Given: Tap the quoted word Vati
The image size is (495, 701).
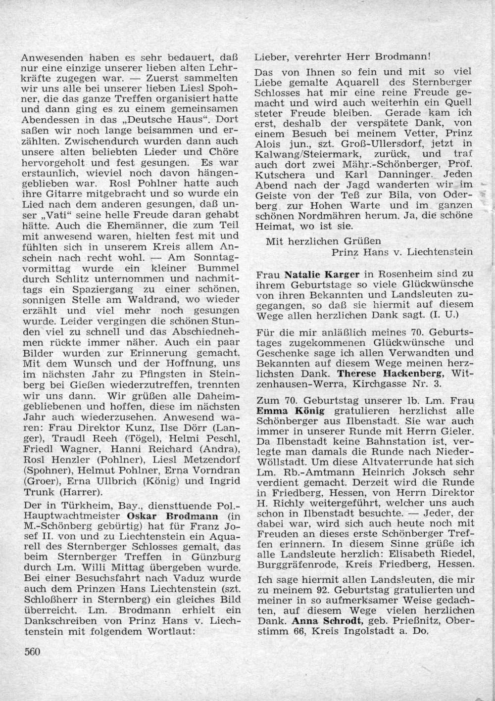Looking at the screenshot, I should [60, 215].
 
